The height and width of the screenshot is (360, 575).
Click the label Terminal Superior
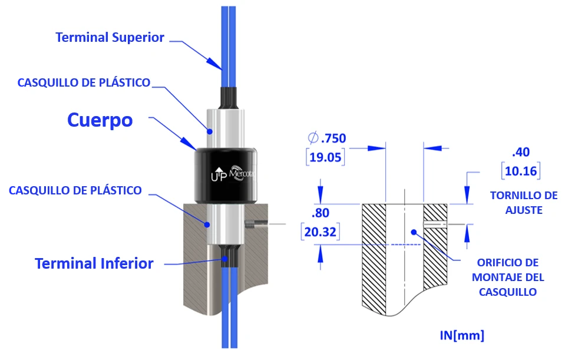click(110, 37)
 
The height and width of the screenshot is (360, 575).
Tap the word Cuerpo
click(100, 120)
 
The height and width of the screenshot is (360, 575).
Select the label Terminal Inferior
click(94, 263)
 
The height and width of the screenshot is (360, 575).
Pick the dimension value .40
click(521, 152)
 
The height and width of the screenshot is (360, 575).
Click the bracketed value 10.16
click(521, 171)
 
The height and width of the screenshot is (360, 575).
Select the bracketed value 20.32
click(320, 232)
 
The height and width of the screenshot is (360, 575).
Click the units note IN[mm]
click(462, 336)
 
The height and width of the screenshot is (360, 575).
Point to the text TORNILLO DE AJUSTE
click(524, 202)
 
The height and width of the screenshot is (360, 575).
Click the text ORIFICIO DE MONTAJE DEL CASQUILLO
click(508, 277)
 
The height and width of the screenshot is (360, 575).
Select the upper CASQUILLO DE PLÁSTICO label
click(84, 82)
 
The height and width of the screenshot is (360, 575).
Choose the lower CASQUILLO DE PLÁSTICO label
click(75, 190)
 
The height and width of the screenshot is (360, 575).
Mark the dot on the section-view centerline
click(414, 232)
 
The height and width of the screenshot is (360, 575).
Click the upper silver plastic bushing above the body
click(224, 127)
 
